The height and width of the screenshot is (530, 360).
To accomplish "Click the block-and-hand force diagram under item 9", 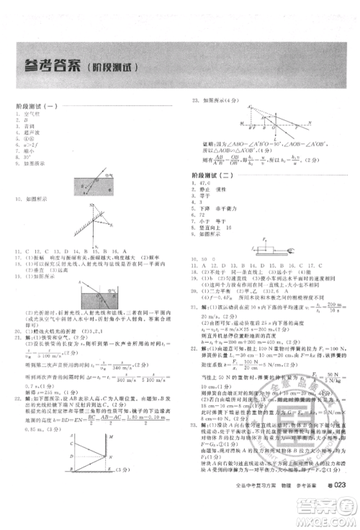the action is coord(269,246).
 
